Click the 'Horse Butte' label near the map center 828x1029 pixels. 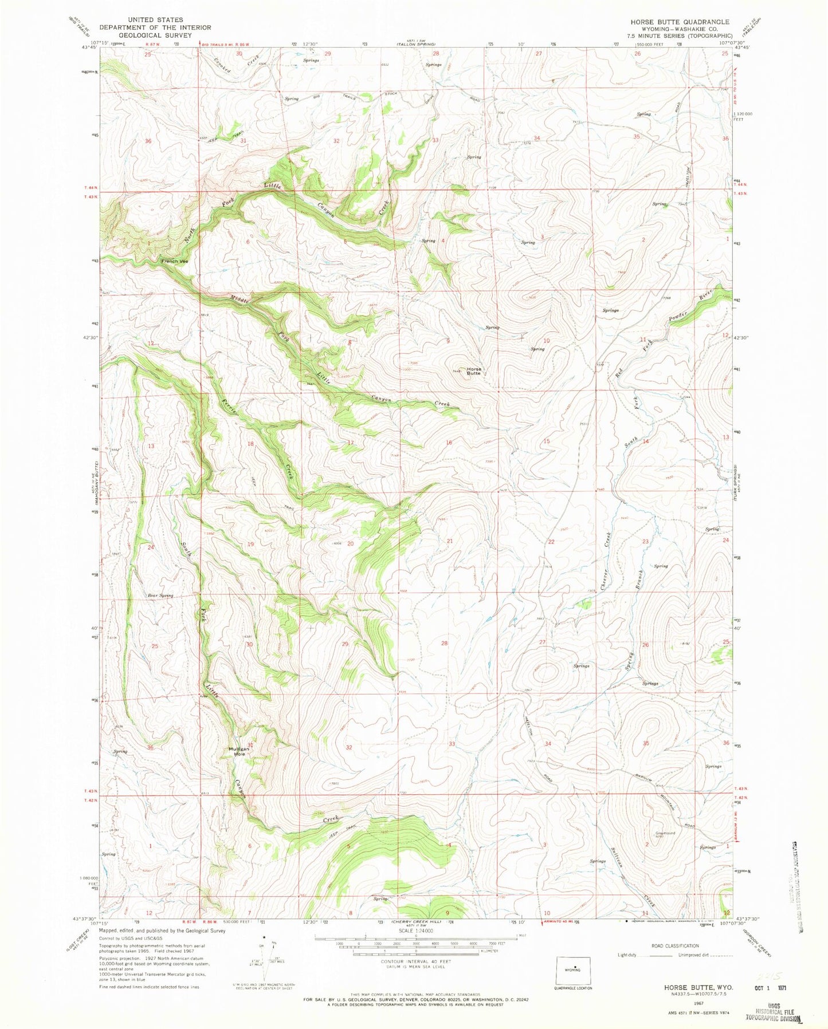click(473, 371)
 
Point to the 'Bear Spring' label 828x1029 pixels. click(160, 596)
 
